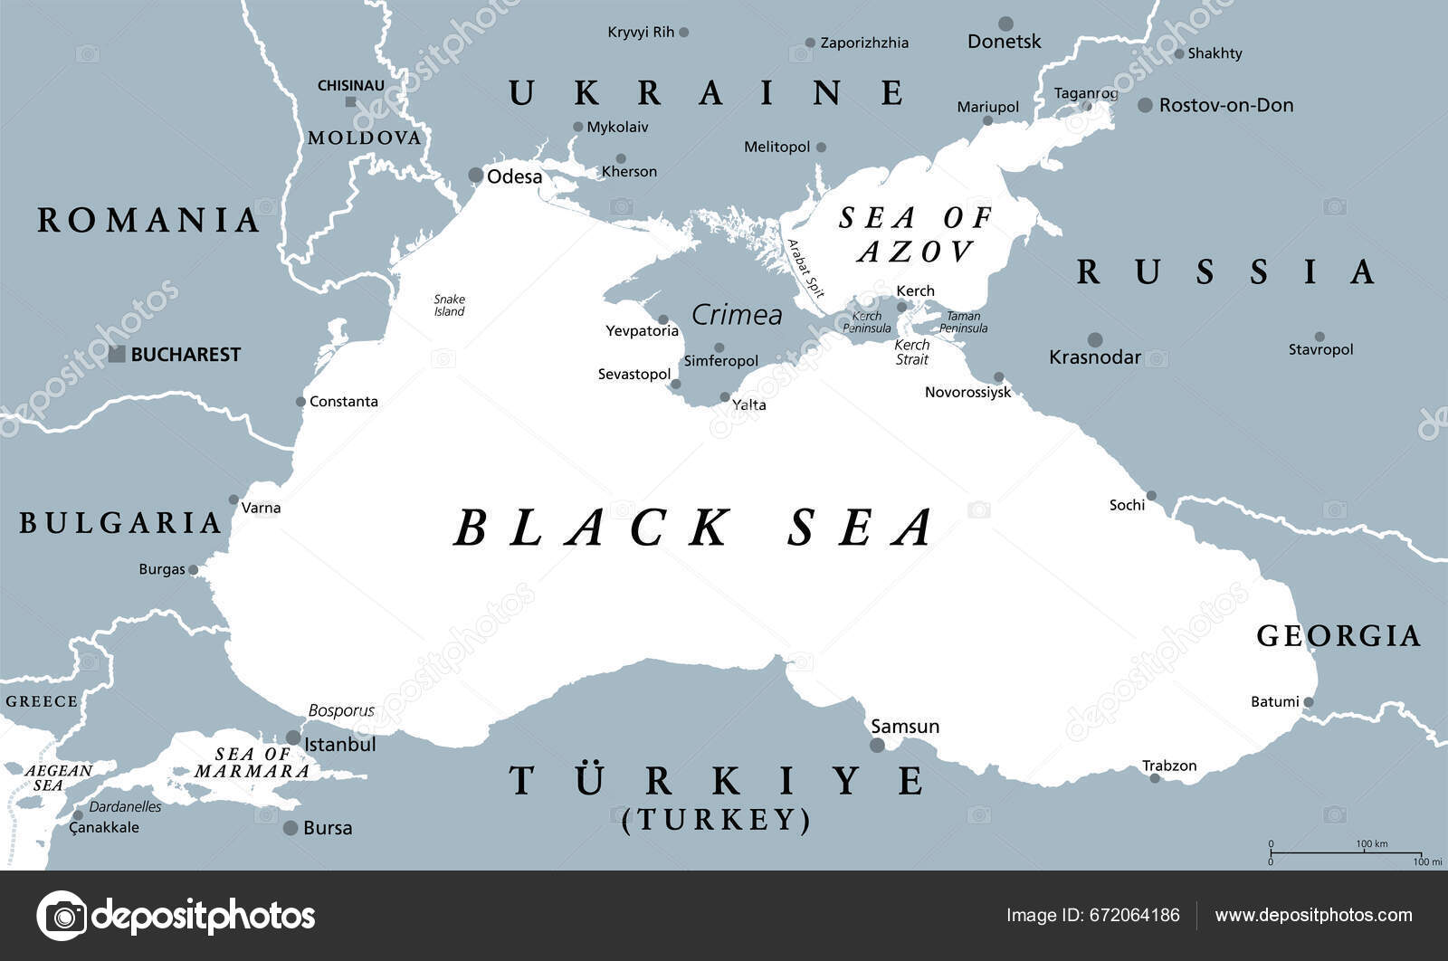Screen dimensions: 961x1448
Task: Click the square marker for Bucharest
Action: pos(117,354)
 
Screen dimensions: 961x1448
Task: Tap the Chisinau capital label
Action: pos(351,86)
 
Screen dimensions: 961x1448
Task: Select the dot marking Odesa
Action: pos(475,175)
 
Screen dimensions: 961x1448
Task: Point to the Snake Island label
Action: pos(449,305)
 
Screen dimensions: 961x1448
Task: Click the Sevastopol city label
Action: pos(633,374)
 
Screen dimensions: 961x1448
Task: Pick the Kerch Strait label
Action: pos(911,352)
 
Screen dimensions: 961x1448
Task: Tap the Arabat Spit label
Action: pos(805,269)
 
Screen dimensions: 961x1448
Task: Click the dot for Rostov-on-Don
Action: pos(1145,105)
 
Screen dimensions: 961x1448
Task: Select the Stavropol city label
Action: pos(1320,349)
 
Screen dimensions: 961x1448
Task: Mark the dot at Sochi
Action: pos(1151,496)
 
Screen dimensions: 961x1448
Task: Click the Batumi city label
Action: pos(1274,701)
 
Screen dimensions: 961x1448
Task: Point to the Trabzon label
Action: pos(1169,766)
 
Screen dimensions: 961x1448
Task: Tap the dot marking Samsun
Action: pos(877,746)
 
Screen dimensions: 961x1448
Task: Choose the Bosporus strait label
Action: pos(341,710)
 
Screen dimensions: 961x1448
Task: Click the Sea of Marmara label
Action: pos(252,763)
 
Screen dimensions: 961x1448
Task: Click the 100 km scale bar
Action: pos(1345,852)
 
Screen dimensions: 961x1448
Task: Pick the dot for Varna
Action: pos(233,500)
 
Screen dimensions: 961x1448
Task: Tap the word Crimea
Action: pos(737,315)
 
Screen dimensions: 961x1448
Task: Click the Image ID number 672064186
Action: pos(1135,915)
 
